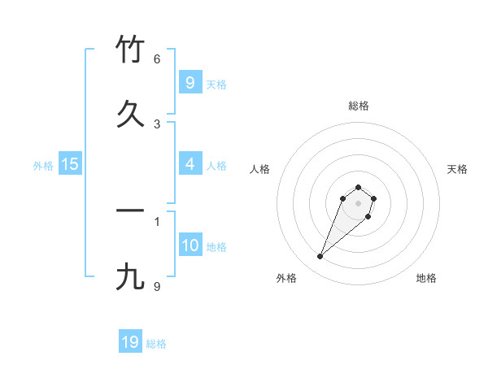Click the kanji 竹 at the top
(130, 50)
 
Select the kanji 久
(130, 113)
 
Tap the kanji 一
(130, 211)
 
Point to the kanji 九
(130, 276)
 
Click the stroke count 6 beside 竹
(157, 59)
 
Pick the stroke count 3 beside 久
(157, 124)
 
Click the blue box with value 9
(190, 82)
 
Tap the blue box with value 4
(190, 164)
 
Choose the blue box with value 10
(190, 245)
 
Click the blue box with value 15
(70, 164)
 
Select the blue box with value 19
(130, 342)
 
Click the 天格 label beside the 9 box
(216, 84)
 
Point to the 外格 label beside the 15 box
(43, 165)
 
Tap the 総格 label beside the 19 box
(156, 344)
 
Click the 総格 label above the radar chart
(358, 106)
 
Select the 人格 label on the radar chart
(260, 169)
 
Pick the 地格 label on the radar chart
(426, 278)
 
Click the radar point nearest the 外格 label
(320, 257)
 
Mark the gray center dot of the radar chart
(358, 202)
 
